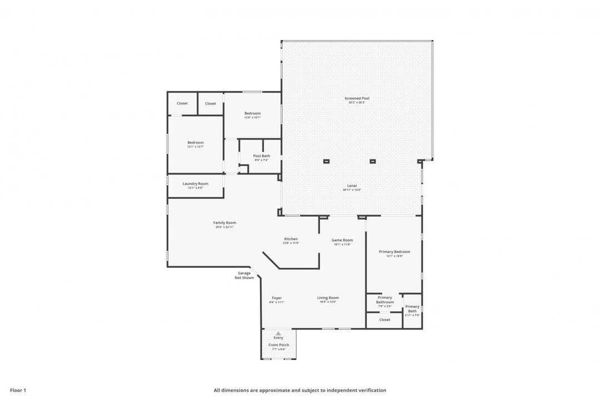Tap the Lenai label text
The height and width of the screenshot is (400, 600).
352,186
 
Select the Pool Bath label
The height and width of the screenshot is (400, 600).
261,156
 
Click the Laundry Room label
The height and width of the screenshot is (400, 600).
196,184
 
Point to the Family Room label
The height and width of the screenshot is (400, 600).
224,223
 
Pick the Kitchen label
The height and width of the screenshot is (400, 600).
291,239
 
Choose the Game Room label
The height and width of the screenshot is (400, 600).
342,240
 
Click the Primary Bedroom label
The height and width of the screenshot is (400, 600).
394,252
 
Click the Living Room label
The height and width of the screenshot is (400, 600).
328,298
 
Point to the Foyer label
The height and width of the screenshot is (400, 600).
277,298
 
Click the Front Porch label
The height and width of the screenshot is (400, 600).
279,345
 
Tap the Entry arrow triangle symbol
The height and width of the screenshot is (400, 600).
278,333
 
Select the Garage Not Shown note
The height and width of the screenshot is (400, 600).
244,275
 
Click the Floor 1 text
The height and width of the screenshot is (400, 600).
18,390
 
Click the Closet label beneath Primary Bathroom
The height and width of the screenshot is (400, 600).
384,319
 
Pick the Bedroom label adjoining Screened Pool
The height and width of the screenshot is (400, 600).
252,113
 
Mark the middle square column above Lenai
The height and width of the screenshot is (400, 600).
372,161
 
